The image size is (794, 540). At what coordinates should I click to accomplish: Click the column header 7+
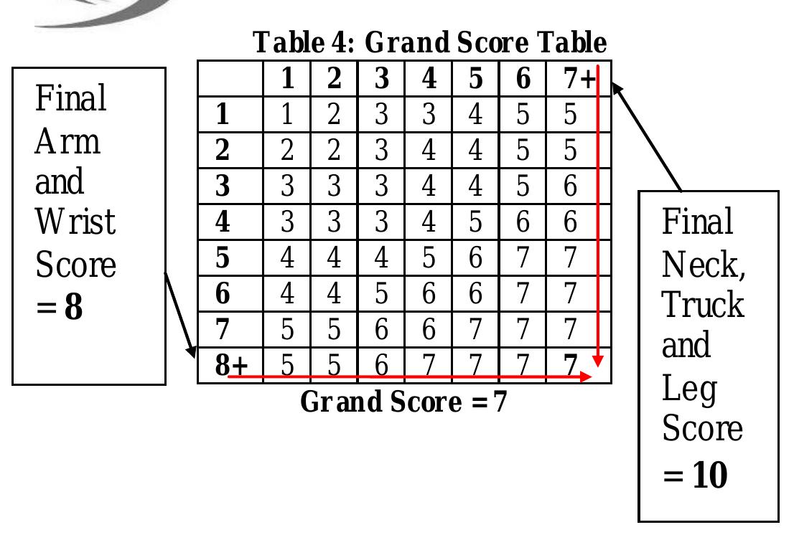(x=579, y=78)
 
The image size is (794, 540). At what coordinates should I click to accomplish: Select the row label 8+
(x=231, y=365)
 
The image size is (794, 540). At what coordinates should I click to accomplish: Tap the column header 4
(x=429, y=78)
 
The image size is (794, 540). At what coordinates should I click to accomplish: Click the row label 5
(x=223, y=257)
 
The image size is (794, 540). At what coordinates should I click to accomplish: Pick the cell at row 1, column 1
(x=286, y=114)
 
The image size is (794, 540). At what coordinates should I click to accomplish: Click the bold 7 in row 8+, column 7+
(x=570, y=365)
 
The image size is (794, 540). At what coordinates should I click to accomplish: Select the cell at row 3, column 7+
(x=570, y=186)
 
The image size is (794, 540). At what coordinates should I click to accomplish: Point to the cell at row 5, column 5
(x=475, y=257)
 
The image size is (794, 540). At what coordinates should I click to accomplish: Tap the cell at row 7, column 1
(x=286, y=329)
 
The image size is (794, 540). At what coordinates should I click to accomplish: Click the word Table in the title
(x=288, y=42)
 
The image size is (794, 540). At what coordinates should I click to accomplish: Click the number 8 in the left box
(x=73, y=306)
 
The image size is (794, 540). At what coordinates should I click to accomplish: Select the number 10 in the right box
(x=710, y=474)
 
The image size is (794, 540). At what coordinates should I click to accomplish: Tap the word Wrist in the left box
(x=75, y=222)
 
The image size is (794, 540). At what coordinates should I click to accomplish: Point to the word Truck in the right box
(x=703, y=305)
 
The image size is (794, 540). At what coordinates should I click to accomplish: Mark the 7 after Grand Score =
(x=500, y=402)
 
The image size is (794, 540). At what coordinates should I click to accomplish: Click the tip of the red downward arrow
(x=598, y=366)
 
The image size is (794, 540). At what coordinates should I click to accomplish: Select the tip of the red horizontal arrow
(x=592, y=376)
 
